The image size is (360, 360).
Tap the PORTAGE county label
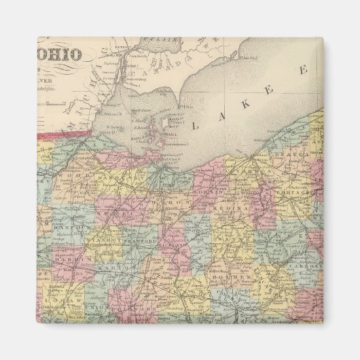point(295,193)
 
